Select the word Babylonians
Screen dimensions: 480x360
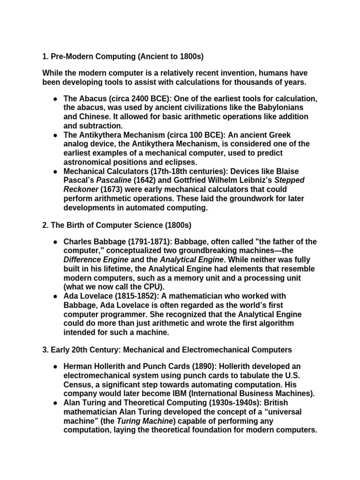click(290, 107)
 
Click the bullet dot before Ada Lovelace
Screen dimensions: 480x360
click(55, 296)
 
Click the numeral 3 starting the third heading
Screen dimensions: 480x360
click(45, 350)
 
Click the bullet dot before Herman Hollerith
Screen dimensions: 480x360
click(55, 367)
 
